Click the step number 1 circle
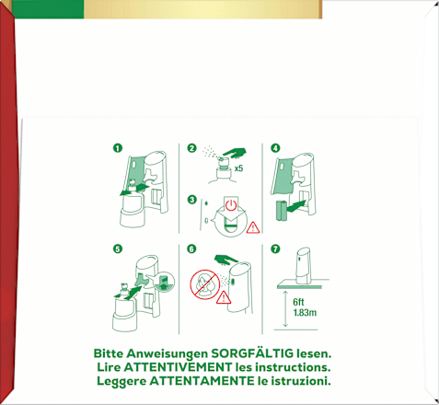118,148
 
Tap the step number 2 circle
191,148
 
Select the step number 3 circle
191,200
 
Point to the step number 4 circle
275,148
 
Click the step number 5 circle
118,249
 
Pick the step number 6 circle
191,249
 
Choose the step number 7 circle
275,249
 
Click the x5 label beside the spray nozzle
238,168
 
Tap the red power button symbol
231,205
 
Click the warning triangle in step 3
253,228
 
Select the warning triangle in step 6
224,297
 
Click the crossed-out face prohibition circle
204,284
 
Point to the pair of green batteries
282,211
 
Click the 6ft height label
298,302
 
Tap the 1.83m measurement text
305,313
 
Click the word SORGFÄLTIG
252,353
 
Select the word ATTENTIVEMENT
179,367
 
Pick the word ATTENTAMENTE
202,381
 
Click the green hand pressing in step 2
234,153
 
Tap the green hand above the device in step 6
225,260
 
